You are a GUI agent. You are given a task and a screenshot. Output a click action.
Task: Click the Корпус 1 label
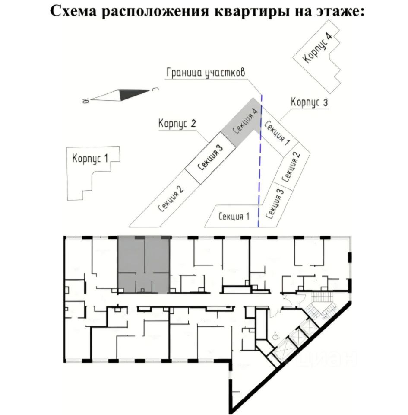[90, 159]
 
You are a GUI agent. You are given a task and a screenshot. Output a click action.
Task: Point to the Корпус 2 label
[177, 124]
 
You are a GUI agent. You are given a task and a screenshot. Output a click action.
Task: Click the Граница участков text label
[206, 73]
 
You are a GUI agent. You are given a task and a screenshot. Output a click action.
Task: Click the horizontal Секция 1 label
[234, 217]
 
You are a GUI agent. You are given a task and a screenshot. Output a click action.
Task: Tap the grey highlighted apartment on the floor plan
[143, 264]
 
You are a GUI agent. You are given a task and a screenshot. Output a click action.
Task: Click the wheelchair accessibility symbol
[275, 335]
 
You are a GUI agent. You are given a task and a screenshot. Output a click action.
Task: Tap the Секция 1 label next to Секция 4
[276, 133]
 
